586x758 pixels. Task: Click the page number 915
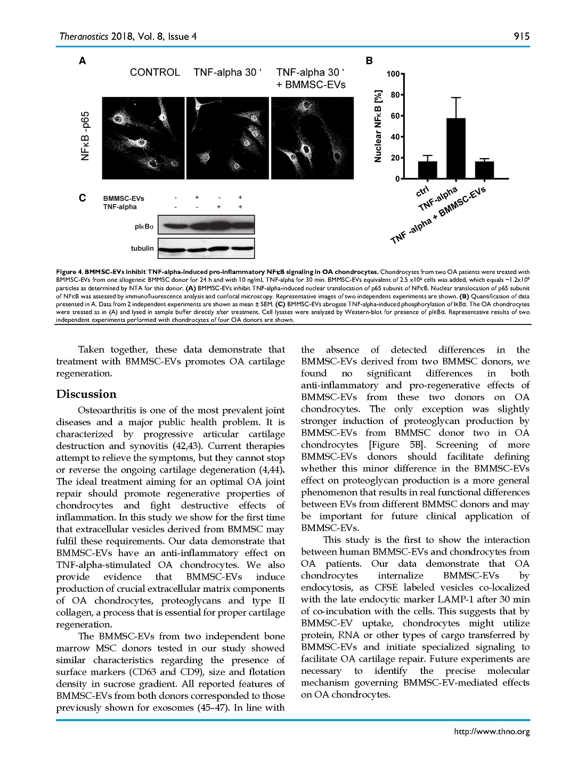coord(522,36)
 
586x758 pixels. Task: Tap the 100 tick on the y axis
coord(393,74)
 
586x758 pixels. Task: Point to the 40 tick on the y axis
coord(395,137)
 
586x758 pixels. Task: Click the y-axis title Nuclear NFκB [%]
coord(378,126)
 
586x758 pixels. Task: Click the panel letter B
coord(369,61)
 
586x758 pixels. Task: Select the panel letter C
coord(83,198)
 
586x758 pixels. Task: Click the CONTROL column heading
coord(155,72)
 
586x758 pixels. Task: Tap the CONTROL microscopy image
coord(143,137)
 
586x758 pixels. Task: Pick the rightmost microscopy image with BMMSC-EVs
coord(312,137)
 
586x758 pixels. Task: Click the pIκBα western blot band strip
coord(206,225)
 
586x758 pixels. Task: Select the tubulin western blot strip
coord(206,248)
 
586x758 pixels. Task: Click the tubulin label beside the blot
coord(142,248)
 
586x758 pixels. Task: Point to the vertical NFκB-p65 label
coord(85,136)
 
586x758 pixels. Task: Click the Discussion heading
coord(86,394)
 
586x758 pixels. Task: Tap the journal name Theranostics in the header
coord(84,36)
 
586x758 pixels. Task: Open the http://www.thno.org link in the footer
coord(492,731)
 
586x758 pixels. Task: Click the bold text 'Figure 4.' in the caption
coord(69,272)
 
